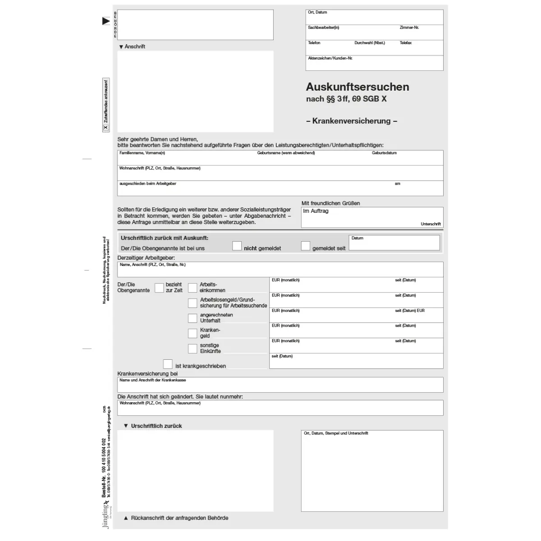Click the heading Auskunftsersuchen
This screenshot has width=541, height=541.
[x=358, y=87]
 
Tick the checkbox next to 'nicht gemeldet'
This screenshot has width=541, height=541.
[x=237, y=246]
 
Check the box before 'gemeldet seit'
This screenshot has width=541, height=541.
[x=306, y=246]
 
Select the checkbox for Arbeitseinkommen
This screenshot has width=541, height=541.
[x=193, y=288]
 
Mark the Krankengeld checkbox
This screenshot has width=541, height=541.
[x=193, y=333]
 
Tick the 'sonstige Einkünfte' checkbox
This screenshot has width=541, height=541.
[x=193, y=348]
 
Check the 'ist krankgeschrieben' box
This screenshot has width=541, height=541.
[x=168, y=364]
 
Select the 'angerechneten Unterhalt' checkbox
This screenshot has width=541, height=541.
[x=193, y=318]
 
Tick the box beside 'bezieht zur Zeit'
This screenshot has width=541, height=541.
[x=159, y=288]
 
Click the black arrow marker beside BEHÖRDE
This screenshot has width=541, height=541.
[x=106, y=21]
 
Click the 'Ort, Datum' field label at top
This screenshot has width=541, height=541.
[x=317, y=13]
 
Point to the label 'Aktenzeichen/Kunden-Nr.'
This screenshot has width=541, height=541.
[x=330, y=58]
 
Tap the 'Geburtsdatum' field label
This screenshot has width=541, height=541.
[x=384, y=153]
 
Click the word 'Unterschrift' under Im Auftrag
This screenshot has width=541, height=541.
[x=431, y=224]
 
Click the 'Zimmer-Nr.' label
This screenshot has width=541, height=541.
[x=409, y=28]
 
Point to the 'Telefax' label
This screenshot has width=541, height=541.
[x=405, y=43]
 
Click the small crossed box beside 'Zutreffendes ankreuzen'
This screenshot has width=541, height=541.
[x=106, y=128]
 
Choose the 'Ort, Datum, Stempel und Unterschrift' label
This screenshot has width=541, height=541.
[x=336, y=433]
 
